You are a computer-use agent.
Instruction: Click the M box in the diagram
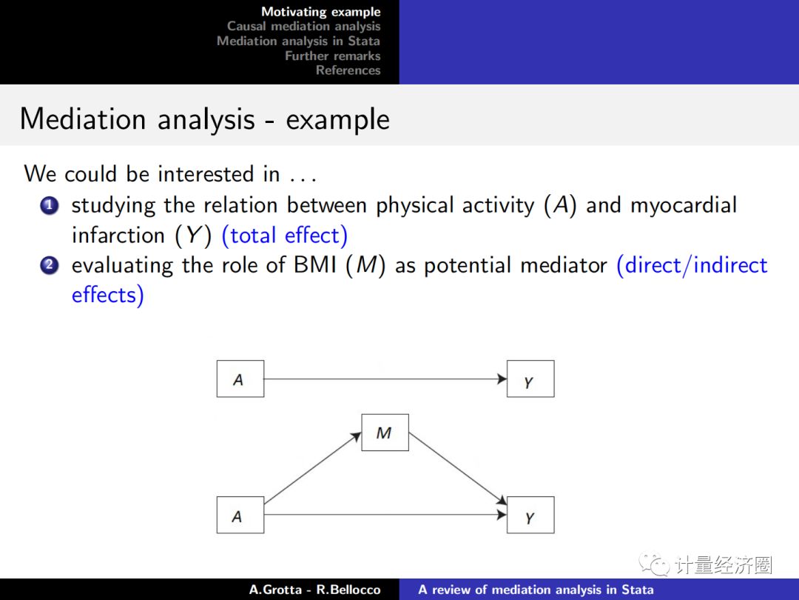coord(385,433)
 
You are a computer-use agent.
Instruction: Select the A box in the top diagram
coord(240,379)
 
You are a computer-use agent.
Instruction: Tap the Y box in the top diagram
coord(530,379)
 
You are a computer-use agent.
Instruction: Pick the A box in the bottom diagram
coord(240,515)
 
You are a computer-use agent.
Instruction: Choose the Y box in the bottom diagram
coord(530,515)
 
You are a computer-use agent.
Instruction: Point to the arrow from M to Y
coord(457,468)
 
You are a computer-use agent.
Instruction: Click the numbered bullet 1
coord(50,206)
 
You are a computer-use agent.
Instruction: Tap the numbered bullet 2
coord(50,265)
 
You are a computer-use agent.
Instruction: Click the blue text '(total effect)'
coord(289,236)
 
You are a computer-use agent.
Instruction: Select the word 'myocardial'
coord(684,205)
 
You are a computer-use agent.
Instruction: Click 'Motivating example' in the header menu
coord(320,12)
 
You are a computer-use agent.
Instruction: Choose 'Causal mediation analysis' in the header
coord(303,27)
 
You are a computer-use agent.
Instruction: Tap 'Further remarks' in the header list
coord(332,56)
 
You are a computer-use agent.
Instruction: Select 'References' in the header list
coord(348,70)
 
